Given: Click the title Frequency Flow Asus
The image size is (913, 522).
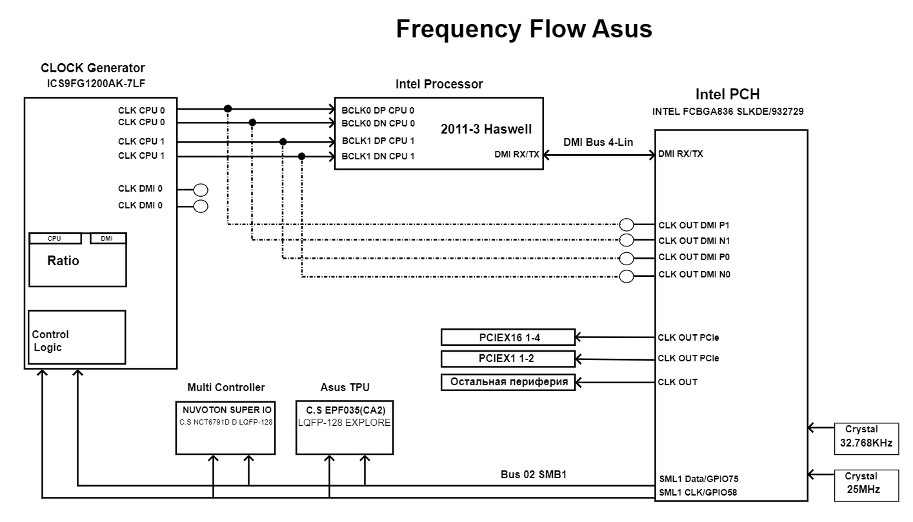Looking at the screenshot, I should pyautogui.click(x=524, y=29).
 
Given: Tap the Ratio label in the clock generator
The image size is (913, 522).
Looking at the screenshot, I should pyautogui.click(x=63, y=261).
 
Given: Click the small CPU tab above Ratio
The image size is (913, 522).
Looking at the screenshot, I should pyautogui.click(x=55, y=239).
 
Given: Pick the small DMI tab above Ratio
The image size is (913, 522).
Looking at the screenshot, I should pyautogui.click(x=107, y=239).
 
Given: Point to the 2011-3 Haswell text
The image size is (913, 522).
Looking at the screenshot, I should pyautogui.click(x=486, y=129).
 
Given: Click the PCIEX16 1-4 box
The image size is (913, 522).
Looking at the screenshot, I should pyautogui.click(x=499, y=337).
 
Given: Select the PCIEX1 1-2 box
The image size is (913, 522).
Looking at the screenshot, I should pyautogui.click(x=499, y=358).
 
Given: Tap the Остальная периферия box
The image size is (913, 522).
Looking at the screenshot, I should pyautogui.click(x=508, y=382).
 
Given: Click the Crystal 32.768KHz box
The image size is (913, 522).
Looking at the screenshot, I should pyautogui.click(x=866, y=437).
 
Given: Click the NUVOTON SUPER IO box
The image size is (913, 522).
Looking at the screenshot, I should pyautogui.click(x=226, y=427).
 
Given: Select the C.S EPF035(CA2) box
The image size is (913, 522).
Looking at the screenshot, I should pyautogui.click(x=345, y=427).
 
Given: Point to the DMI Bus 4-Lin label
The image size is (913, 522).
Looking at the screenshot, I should pyautogui.click(x=598, y=143).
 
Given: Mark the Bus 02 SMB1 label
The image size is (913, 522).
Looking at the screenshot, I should pyautogui.click(x=533, y=475).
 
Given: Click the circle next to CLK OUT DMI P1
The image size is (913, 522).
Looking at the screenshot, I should pyautogui.click(x=626, y=225).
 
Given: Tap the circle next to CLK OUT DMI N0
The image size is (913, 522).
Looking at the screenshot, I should pyautogui.click(x=626, y=277).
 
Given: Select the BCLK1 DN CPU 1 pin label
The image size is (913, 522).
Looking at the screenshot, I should pyautogui.click(x=378, y=156).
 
